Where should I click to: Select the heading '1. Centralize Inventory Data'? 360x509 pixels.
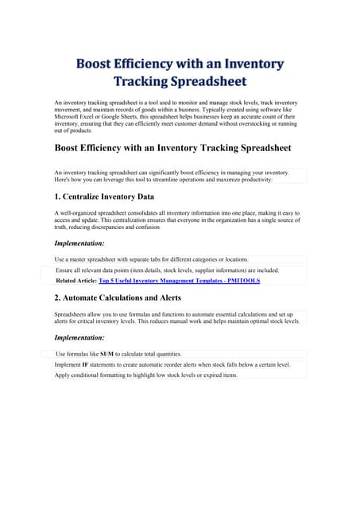104,196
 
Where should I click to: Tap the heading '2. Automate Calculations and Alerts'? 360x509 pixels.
118,298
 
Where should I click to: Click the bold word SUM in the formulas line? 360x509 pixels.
106,353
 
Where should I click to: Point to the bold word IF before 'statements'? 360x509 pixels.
85,364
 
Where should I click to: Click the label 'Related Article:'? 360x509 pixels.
75,281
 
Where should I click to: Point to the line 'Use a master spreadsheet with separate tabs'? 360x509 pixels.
151,259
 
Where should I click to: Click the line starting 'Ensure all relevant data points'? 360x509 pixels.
167,270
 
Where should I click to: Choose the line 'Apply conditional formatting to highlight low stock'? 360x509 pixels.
146,375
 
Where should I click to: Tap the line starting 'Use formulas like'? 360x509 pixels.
119,353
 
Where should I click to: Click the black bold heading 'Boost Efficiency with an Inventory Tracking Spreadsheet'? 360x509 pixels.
172,148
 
